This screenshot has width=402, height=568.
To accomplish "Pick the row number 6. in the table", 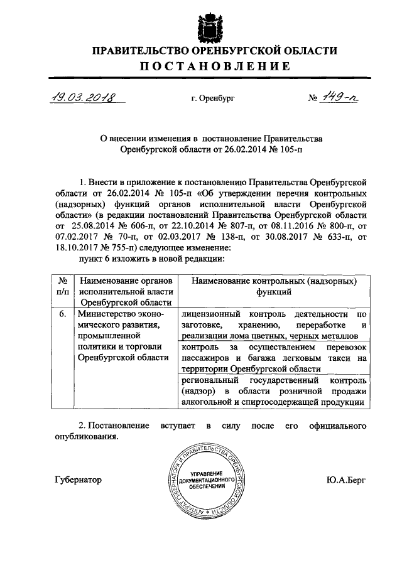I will point(63,314).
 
